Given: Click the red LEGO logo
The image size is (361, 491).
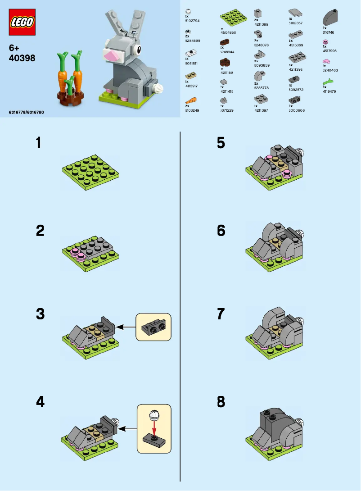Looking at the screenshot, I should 22,22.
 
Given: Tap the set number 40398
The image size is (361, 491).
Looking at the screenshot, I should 22,58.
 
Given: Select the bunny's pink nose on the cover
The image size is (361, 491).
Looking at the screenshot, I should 113,55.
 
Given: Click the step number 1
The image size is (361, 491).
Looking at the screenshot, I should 39,143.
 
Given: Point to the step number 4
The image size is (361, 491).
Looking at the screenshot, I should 40,401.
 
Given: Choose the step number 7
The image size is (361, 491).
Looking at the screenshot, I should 221,314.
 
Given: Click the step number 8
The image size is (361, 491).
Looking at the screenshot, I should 221,401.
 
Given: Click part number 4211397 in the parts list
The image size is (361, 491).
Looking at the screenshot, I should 261,110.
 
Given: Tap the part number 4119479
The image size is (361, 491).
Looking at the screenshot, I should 329,91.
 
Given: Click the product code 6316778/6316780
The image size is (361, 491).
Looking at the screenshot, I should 27,111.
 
